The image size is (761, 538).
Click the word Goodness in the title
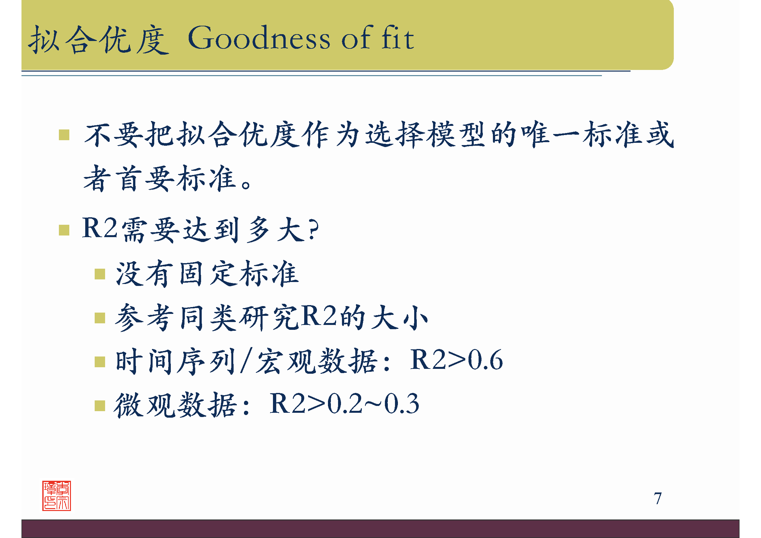[259, 38]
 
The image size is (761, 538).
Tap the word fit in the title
[397, 38]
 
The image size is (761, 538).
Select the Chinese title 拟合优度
[99, 40]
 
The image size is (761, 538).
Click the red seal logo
[57, 496]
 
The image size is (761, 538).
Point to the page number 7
[658, 499]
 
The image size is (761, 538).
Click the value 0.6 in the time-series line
[485, 360]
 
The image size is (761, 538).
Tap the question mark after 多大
[313, 229]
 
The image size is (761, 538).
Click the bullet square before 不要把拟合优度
[64, 135]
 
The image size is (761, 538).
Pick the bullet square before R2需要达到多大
[64, 230]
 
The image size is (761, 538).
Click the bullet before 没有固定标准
[100, 274]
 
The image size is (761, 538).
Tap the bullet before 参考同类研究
[100, 318]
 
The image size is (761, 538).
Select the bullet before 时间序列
[100, 362]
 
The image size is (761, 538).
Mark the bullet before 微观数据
[100, 406]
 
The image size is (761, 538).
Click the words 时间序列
[176, 361]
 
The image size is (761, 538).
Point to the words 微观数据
[176, 405]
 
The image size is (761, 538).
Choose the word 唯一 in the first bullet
[550, 134]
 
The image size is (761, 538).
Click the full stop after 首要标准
[246, 184]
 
